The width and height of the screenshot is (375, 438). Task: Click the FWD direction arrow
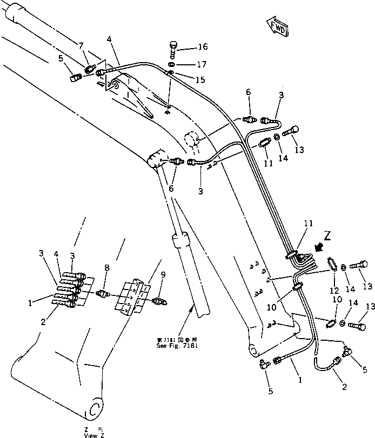276,26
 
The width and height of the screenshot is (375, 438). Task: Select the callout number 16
188,47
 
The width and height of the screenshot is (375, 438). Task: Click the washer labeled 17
171,65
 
